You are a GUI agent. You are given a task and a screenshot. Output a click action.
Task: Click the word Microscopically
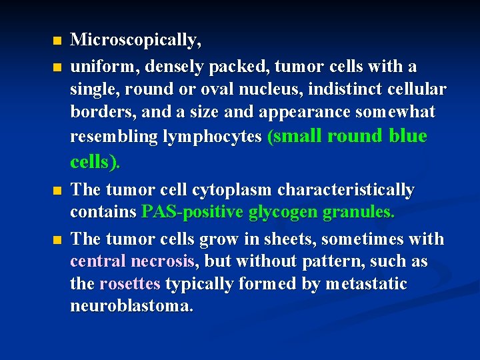coord(136,41)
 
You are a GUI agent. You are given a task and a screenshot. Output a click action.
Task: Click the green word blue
coord(407,135)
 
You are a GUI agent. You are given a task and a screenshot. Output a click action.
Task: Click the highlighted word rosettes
coord(130,284)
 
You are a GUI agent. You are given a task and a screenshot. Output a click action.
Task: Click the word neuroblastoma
coord(132,307)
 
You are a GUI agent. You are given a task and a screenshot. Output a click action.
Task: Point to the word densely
coord(173,67)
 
